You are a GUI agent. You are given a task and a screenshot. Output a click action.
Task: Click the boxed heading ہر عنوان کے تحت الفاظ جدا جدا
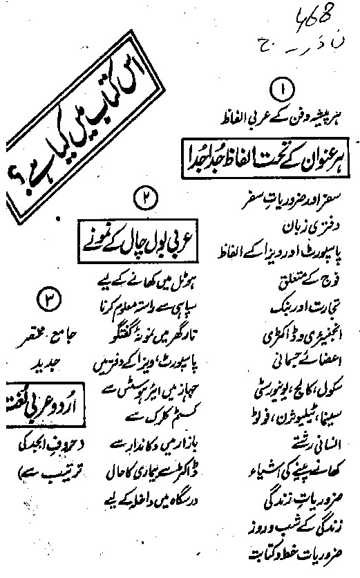[x=271, y=150]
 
